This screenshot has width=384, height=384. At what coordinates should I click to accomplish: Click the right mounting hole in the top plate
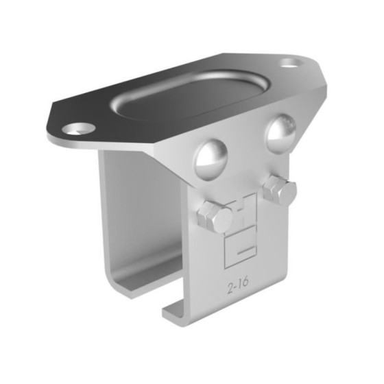click(291, 64)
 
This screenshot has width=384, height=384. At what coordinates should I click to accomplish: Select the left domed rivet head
click(211, 158)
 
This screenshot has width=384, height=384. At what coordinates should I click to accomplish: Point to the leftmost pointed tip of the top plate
click(50, 128)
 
